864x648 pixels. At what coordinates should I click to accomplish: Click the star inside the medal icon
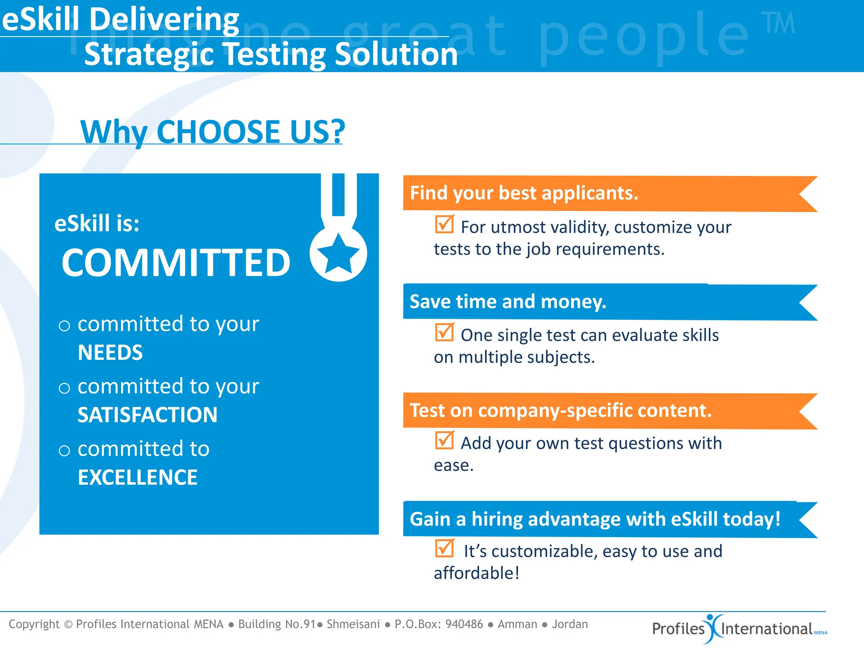click(x=338, y=253)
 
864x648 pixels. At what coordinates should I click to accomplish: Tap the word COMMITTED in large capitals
click(x=176, y=263)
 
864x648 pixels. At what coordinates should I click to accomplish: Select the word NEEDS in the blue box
click(x=110, y=353)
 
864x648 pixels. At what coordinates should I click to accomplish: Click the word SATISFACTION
click(x=147, y=415)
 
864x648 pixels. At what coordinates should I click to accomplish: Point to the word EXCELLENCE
click(x=138, y=478)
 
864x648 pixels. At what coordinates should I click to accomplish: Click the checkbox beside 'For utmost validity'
click(x=445, y=224)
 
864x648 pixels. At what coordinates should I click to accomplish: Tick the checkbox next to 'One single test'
click(x=445, y=332)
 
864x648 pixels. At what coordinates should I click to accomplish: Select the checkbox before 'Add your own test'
click(x=445, y=440)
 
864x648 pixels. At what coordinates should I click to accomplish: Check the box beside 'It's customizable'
click(x=445, y=548)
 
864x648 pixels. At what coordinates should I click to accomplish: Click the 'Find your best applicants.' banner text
click(x=524, y=193)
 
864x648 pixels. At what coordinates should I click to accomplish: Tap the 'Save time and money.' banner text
click(x=508, y=302)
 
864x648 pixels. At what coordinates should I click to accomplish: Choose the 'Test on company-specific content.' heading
click(x=561, y=410)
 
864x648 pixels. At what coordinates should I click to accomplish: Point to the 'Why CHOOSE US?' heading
click(x=213, y=132)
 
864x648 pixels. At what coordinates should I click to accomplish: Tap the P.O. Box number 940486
click(x=464, y=624)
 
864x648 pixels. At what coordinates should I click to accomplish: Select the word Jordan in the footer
click(x=570, y=624)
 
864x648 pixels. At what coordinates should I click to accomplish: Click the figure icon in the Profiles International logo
click(x=713, y=628)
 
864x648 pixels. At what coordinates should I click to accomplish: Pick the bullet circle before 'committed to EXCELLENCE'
click(x=64, y=451)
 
